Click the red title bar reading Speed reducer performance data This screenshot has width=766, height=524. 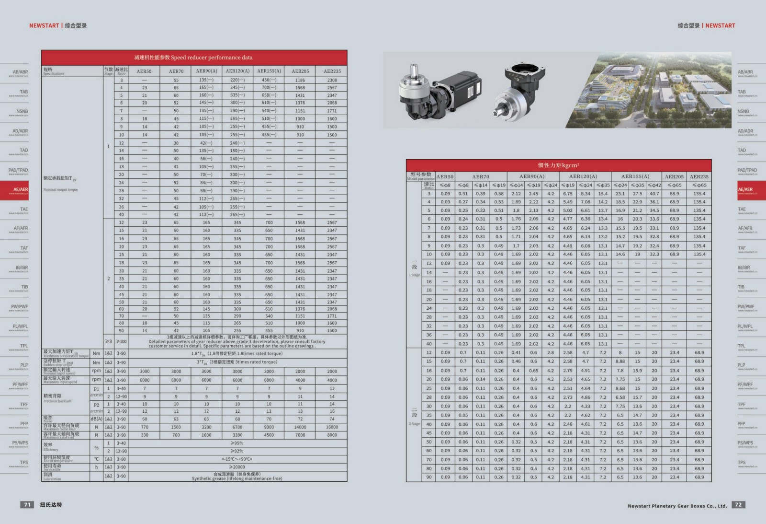pyautogui.click(x=194, y=57)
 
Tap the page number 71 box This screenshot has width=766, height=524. pyautogui.click(x=27, y=504)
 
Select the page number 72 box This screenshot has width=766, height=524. pyautogui.click(x=738, y=504)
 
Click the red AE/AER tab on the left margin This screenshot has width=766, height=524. pyautogui.click(x=14, y=190)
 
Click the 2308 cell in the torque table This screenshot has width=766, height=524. pyautogui.click(x=332, y=80)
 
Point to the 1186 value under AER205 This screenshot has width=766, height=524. pyautogui.click(x=300, y=80)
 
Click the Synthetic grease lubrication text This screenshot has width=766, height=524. pyautogui.click(x=237, y=478)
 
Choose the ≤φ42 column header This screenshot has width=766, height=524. pyautogui.click(x=654, y=185)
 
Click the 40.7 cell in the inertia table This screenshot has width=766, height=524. pyautogui.click(x=654, y=194)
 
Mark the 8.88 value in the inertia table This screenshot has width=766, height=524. pyautogui.click(x=620, y=361)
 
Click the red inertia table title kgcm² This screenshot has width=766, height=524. pyautogui.click(x=558, y=165)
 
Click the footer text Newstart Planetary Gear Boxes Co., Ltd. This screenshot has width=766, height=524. pyautogui.click(x=677, y=506)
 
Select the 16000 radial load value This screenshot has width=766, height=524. pyautogui.click(x=332, y=427)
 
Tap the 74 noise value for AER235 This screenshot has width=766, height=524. pyautogui.click(x=332, y=419)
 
